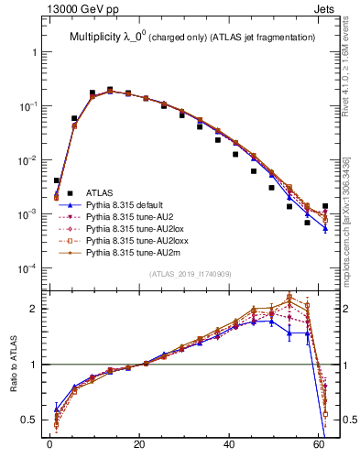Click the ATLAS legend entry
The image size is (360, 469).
[x=100, y=192]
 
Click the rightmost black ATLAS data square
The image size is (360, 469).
[x=325, y=206]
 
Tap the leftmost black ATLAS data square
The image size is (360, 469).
[x=57, y=180]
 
